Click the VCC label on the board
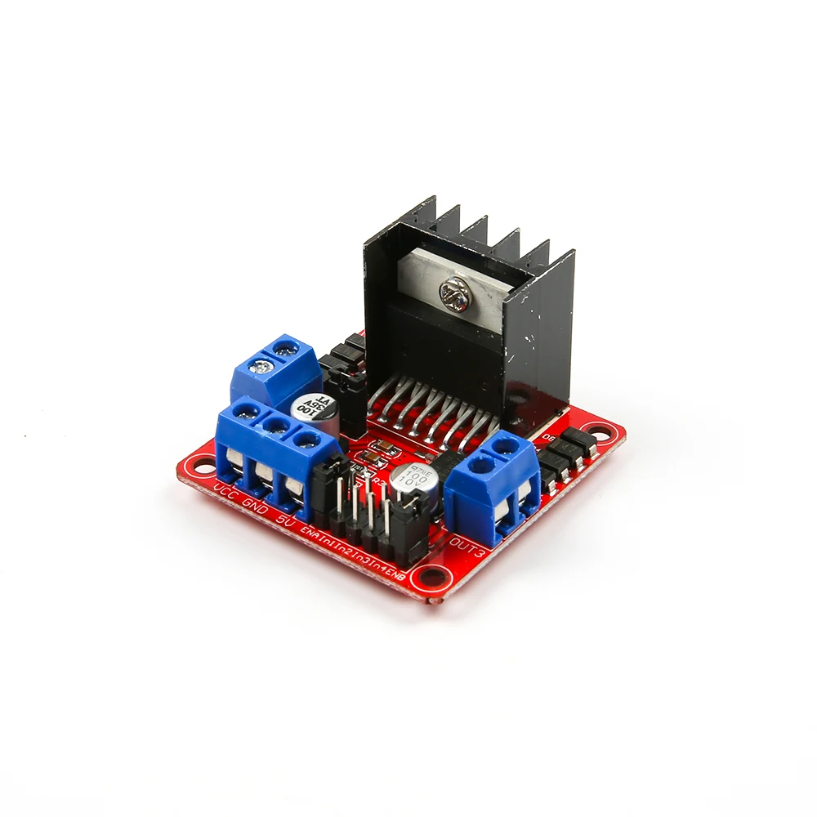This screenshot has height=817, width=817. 226,492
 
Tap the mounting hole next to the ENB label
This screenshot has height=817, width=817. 425,581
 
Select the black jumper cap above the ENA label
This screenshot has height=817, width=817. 324,489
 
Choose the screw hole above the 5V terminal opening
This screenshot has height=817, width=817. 305,441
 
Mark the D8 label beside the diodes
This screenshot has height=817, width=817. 549,438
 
